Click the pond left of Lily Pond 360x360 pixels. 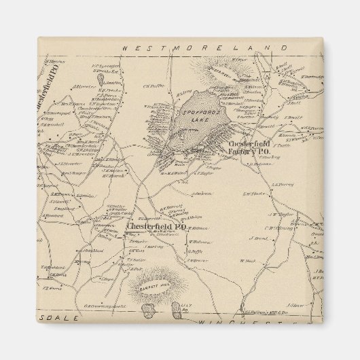147,310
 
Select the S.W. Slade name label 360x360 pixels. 253,194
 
